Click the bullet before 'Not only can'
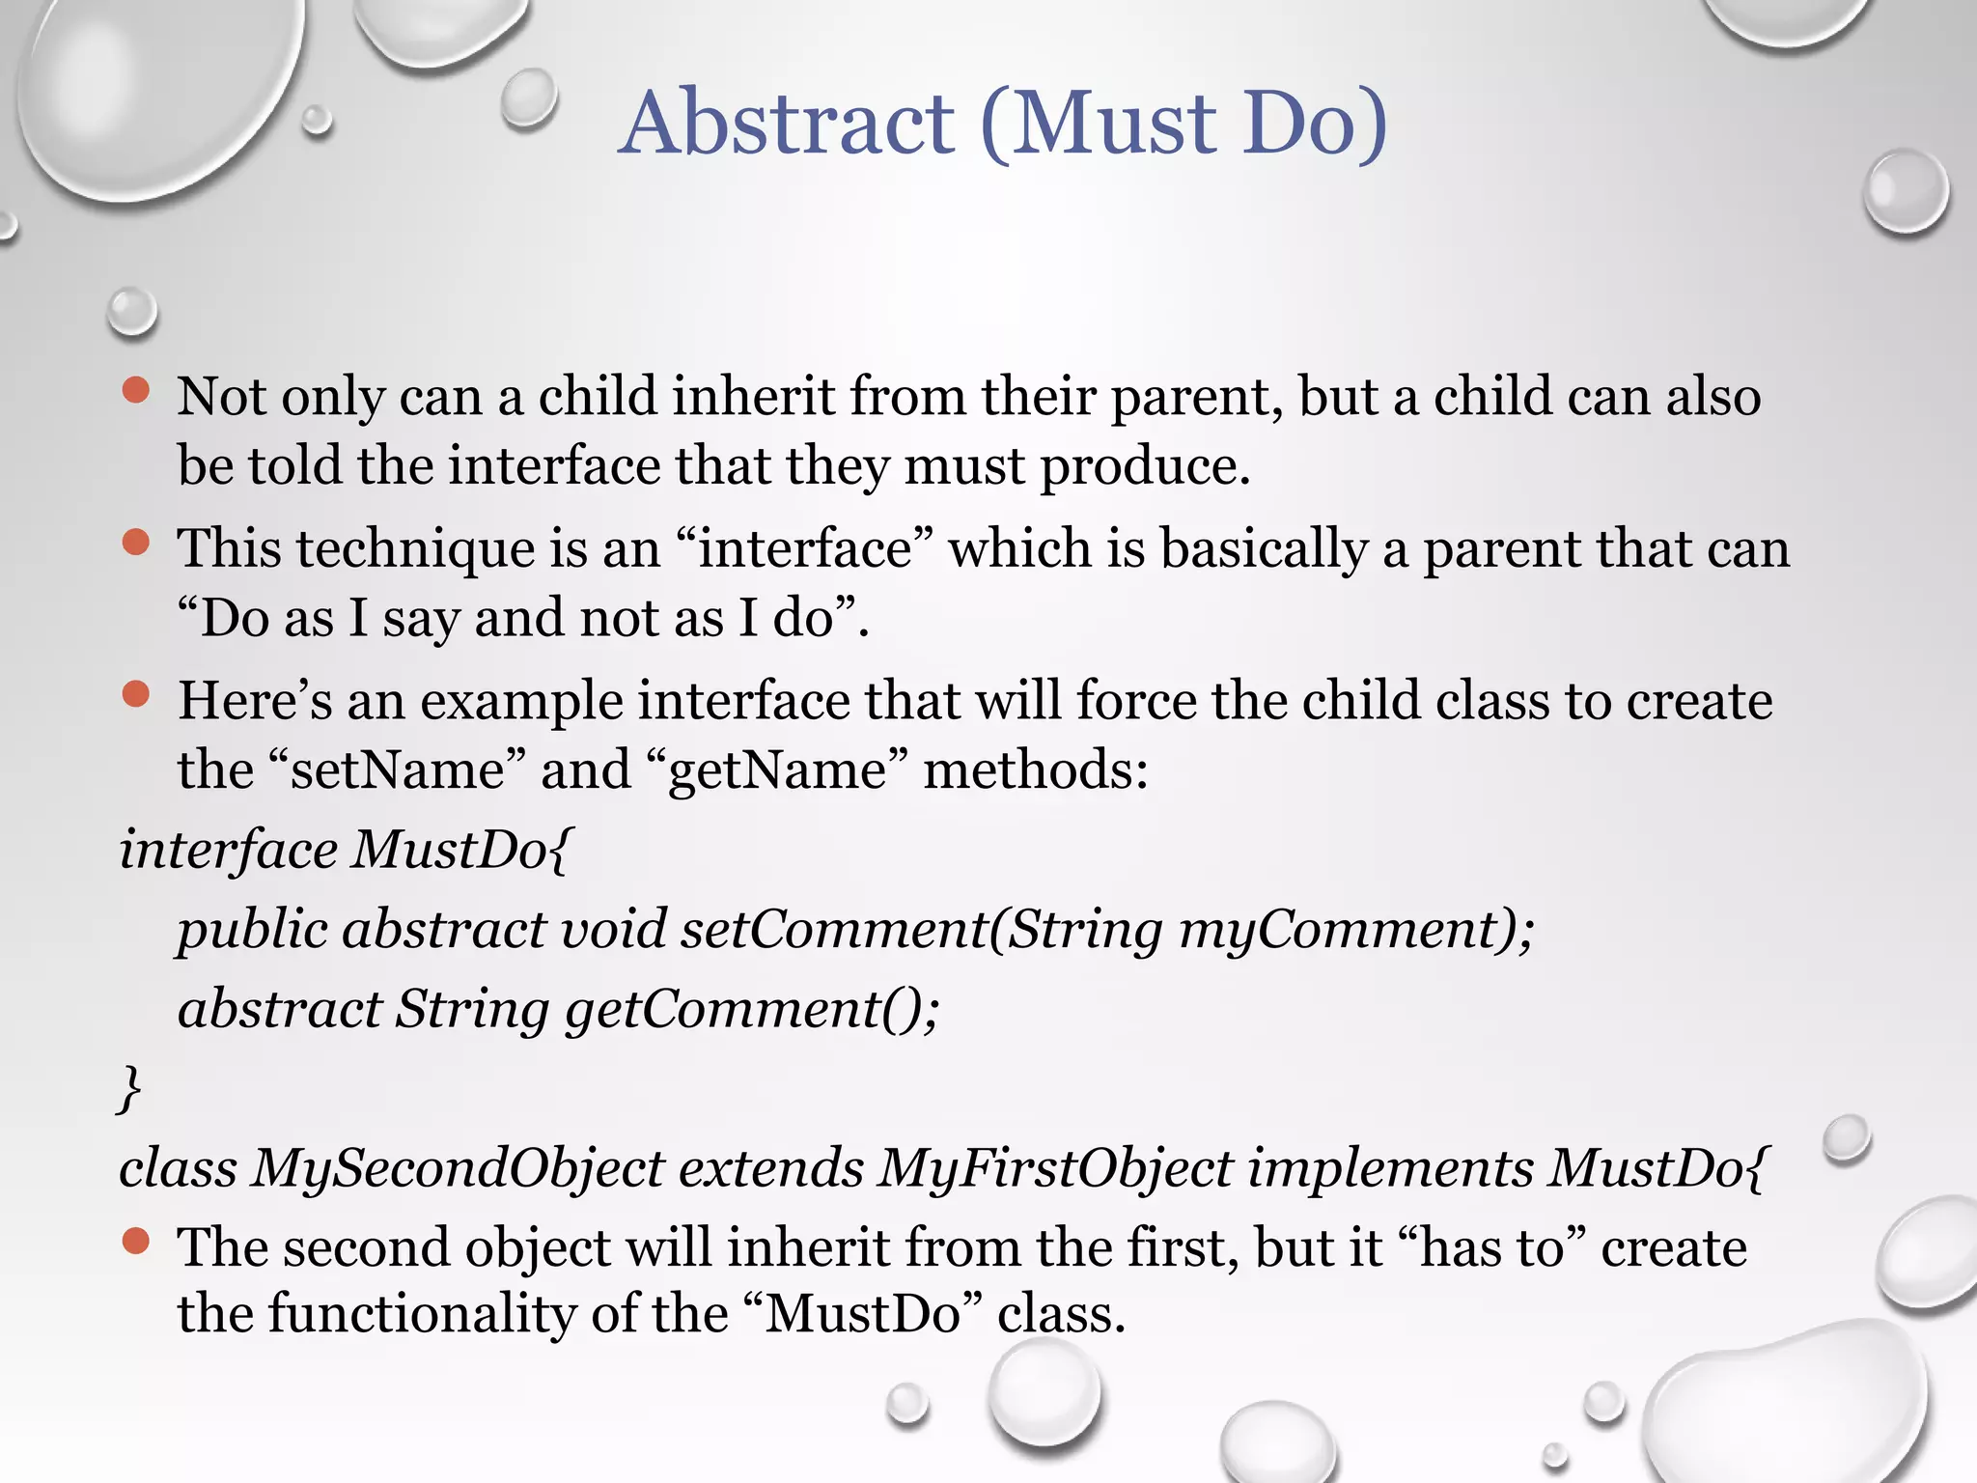click(136, 390)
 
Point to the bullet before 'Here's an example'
click(136, 694)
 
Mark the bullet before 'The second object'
click(136, 1241)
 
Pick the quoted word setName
click(398, 770)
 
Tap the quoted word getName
click(777, 770)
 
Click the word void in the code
click(614, 929)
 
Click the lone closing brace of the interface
click(129, 1089)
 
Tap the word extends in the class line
click(770, 1168)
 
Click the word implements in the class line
click(1390, 1168)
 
